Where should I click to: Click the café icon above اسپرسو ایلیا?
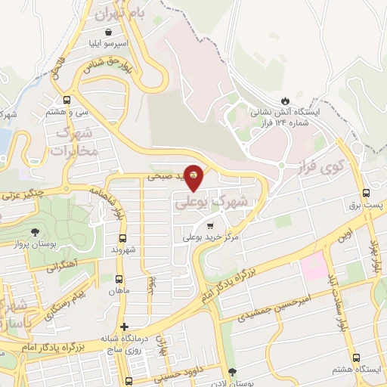tap(111, 33)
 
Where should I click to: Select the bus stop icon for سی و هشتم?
tap(68, 99)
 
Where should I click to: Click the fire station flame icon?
tap(285, 100)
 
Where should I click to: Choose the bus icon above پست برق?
tap(367, 192)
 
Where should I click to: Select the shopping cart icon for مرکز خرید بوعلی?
tap(209, 225)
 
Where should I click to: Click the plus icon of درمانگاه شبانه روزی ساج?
tap(125, 327)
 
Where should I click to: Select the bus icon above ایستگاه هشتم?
tap(355, 358)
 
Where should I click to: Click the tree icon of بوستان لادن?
tap(231, 372)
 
